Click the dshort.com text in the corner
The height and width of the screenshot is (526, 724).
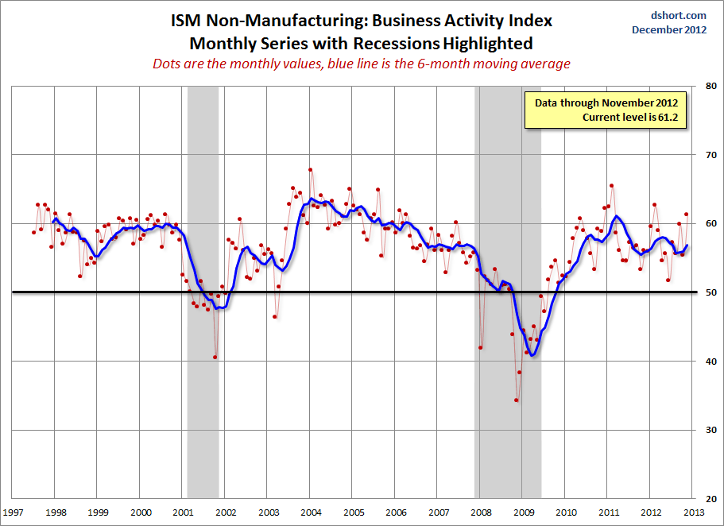click(x=679, y=15)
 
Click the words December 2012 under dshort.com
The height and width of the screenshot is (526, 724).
click(x=669, y=29)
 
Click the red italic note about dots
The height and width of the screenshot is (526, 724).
click(x=362, y=64)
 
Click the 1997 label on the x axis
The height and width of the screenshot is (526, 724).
click(x=12, y=512)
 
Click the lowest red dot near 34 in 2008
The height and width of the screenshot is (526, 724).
click(x=517, y=400)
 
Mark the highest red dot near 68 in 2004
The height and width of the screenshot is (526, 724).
click(x=311, y=169)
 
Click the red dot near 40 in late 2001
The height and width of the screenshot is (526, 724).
click(x=215, y=357)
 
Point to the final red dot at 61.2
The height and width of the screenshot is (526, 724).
click(x=686, y=215)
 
